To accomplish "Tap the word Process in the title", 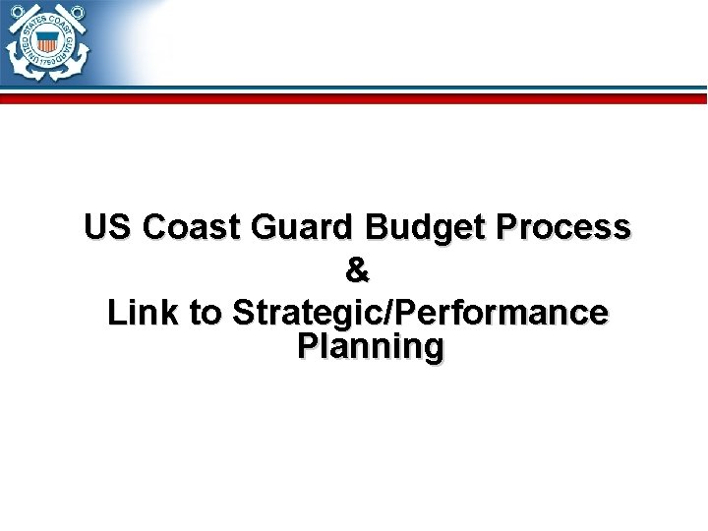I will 564,227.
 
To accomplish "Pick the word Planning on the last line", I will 370,347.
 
